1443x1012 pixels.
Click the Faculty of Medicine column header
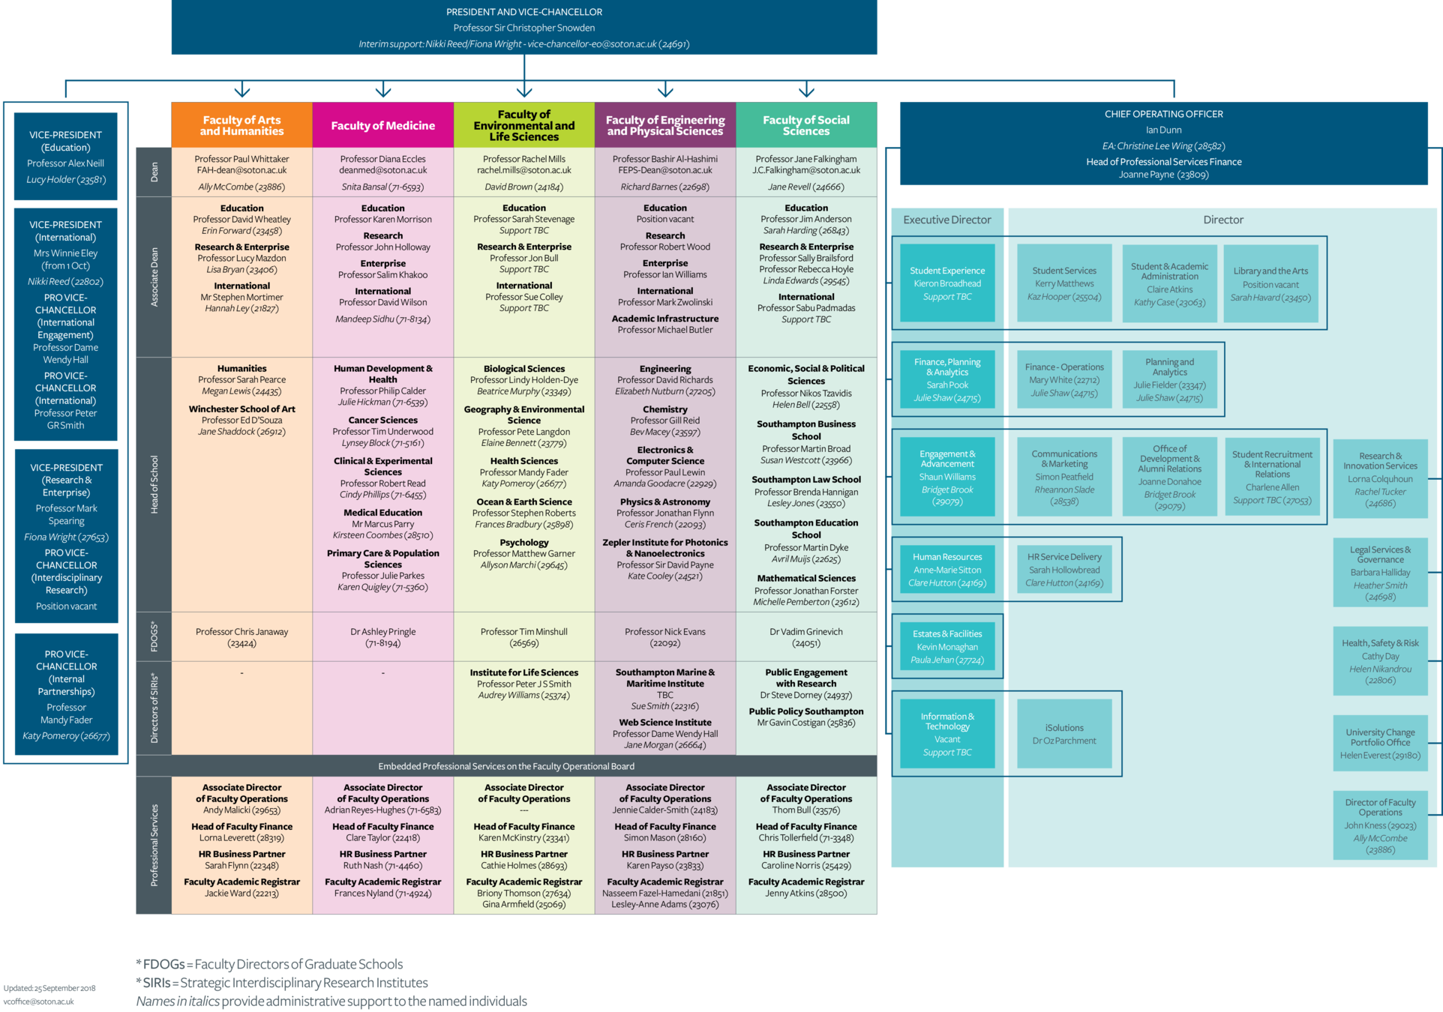pyautogui.click(x=382, y=125)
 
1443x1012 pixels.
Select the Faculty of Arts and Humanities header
pyautogui.click(x=241, y=125)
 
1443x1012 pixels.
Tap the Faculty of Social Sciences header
pyautogui.click(x=806, y=125)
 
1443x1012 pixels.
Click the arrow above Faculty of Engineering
pyautogui.click(x=665, y=91)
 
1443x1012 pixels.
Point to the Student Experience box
pyautogui.click(x=947, y=283)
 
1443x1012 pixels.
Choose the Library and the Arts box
pyautogui.click(x=1270, y=283)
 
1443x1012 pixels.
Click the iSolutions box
pyautogui.click(x=1064, y=733)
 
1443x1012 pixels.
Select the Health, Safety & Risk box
pyautogui.click(x=1380, y=661)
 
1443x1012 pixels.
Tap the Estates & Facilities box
pyautogui.click(x=947, y=646)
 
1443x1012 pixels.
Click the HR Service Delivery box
pyautogui.click(x=1064, y=569)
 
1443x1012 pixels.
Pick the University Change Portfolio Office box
pyautogui.click(x=1380, y=743)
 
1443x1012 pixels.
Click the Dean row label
pyautogui.click(x=154, y=172)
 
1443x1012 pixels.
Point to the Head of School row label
pyautogui.click(x=154, y=484)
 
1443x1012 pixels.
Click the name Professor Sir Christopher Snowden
pyautogui.click(x=524, y=28)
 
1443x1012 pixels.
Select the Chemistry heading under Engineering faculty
pyautogui.click(x=665, y=409)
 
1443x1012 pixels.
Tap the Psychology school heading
pyautogui.click(x=524, y=542)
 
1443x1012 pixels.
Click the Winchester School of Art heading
pyautogui.click(x=241, y=409)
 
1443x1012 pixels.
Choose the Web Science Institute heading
pyautogui.click(x=665, y=723)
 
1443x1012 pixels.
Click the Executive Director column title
pyautogui.click(x=947, y=220)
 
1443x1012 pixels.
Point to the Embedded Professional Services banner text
pyautogui.click(x=506, y=766)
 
